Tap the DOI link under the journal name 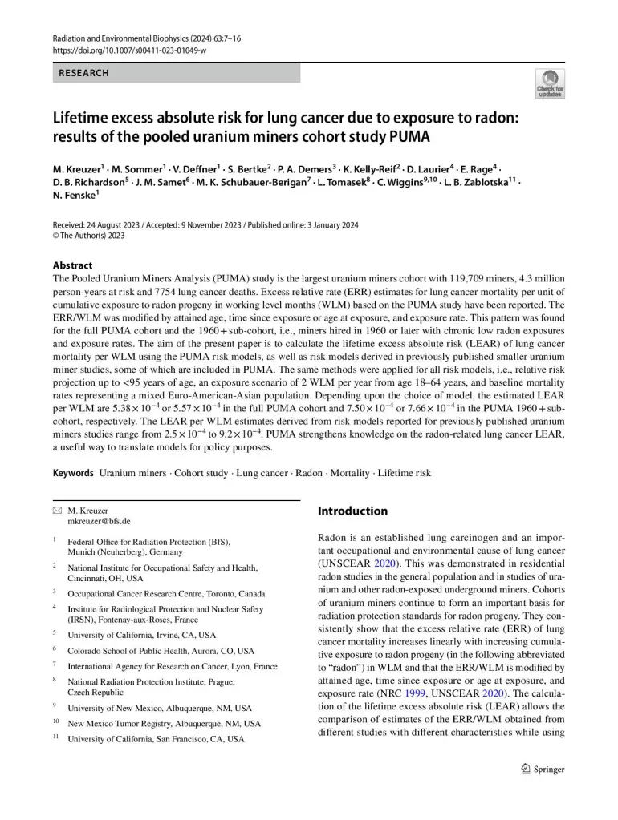pos(129,50)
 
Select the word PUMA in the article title pos(409,135)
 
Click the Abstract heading pos(72,265)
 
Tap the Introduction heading pos(352,511)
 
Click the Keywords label pos(73,473)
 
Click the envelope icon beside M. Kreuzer pos(57,510)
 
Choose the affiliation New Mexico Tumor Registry pos(164,723)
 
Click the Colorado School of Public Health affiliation pos(161,651)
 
